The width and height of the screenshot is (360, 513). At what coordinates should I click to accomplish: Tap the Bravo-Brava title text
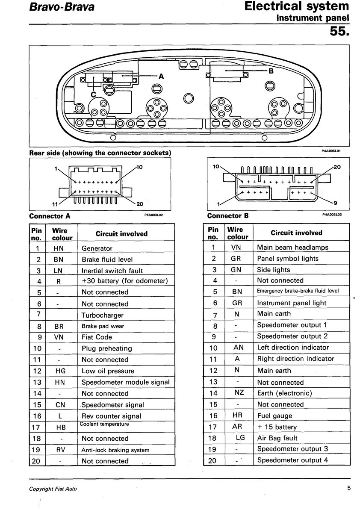point(62,7)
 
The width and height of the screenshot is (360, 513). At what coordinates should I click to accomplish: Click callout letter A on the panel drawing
point(161,77)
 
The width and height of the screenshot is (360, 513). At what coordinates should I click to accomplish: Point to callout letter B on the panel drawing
point(270,71)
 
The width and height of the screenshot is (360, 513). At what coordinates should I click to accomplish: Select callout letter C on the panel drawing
point(93,94)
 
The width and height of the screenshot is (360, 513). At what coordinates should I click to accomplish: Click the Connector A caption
point(50,216)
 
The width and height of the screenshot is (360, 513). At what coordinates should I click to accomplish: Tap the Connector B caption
point(227,216)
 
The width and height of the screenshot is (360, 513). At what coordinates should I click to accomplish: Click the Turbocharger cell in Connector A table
point(103,315)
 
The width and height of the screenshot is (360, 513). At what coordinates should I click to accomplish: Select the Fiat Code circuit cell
point(97,337)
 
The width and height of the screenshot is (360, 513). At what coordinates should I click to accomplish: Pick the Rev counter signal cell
point(111,416)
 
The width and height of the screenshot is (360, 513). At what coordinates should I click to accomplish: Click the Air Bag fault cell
point(277,438)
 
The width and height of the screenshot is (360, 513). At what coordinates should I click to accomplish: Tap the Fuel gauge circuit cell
point(274,416)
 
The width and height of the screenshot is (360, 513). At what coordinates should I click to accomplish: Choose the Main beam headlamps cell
point(292,247)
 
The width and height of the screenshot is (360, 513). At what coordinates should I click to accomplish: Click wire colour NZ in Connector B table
point(239,393)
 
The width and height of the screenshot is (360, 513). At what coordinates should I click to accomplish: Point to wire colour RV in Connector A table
point(60,450)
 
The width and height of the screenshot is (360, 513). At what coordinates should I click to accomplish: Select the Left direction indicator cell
point(293,348)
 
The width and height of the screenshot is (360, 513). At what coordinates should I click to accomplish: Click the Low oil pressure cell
point(108,371)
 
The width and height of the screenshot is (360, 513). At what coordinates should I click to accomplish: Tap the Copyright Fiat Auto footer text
point(53,489)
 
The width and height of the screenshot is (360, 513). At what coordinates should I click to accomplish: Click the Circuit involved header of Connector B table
point(296,233)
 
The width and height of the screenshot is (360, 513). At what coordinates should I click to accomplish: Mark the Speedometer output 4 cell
point(293,460)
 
